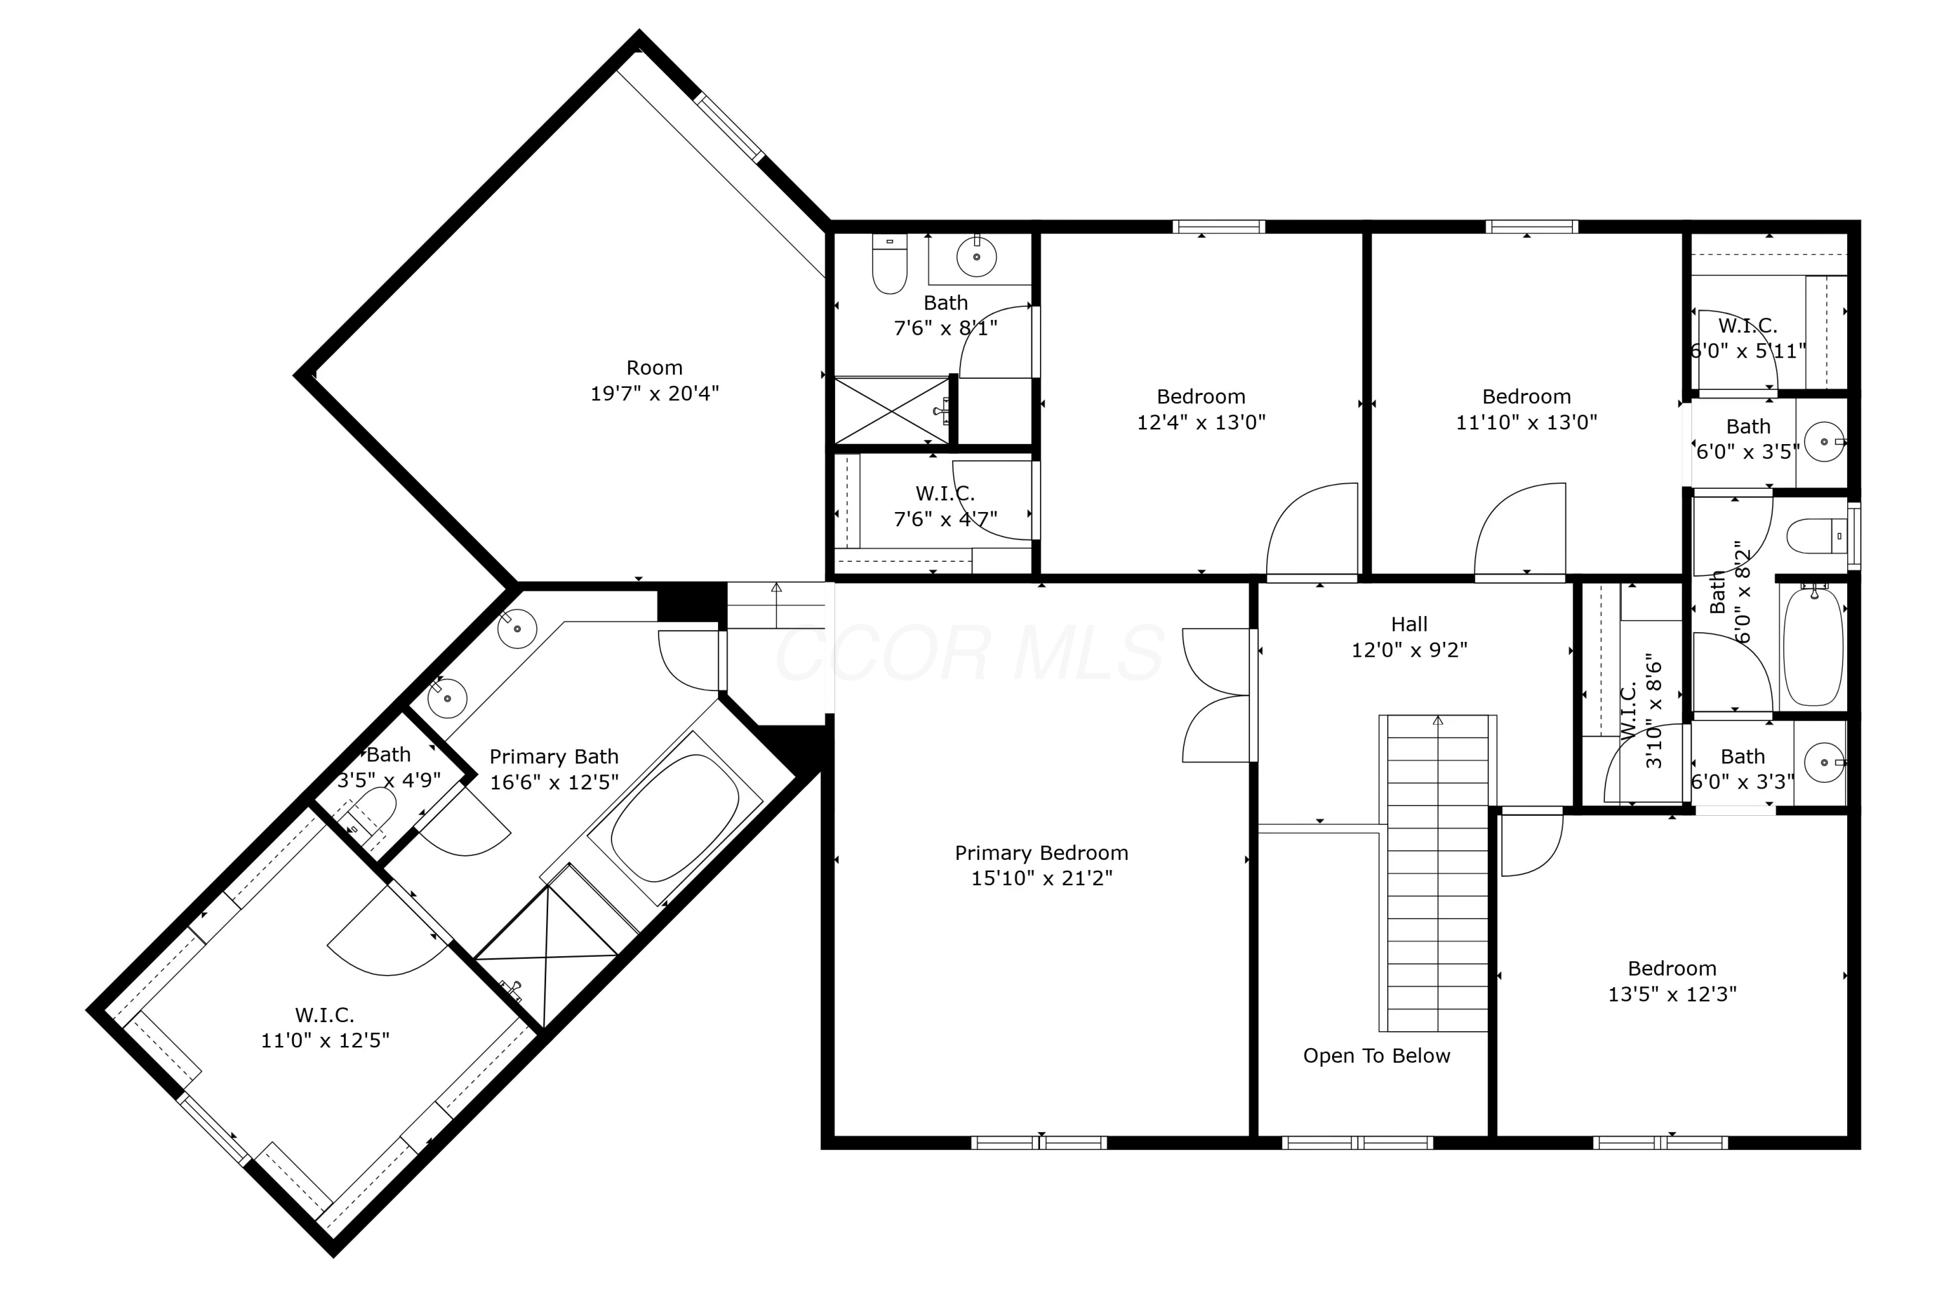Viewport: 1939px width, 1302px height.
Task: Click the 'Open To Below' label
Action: pyautogui.click(x=1376, y=1056)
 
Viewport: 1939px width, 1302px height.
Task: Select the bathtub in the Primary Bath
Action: pyautogui.click(x=674, y=818)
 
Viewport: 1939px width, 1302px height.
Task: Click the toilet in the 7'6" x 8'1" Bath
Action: pyautogui.click(x=889, y=264)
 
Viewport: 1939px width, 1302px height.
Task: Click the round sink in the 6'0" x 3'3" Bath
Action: pyautogui.click(x=1823, y=762)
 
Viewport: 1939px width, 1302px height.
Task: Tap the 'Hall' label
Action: pyautogui.click(x=1408, y=624)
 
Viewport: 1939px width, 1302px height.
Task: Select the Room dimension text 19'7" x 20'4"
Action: pyautogui.click(x=654, y=394)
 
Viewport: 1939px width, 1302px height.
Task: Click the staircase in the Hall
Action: pyautogui.click(x=1437, y=872)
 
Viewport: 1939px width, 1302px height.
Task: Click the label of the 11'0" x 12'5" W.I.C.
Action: pyautogui.click(x=324, y=1015)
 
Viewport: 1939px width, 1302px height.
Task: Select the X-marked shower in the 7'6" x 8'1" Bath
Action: pyautogui.click(x=891, y=411)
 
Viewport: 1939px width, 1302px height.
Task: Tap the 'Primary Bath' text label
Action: pyautogui.click(x=554, y=757)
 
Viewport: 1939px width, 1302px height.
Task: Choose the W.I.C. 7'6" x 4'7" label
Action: pyautogui.click(x=944, y=494)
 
